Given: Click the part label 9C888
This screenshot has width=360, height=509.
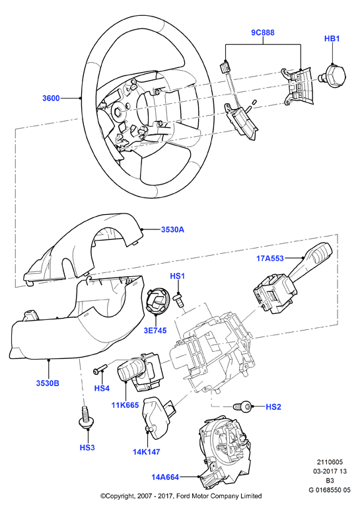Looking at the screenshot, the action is pos(263,32).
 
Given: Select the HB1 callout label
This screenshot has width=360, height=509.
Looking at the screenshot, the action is pos(332,38).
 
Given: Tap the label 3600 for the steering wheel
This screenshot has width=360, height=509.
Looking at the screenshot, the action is pos(52,98).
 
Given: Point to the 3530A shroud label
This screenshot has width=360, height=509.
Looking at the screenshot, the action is pos(172,229).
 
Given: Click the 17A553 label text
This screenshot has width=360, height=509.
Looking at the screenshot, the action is pos(270,258).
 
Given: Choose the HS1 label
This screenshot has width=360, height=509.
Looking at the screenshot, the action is pos(178,276).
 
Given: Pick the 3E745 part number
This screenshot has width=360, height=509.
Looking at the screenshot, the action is pos(155,331).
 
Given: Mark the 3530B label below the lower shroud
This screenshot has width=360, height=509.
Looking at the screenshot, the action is pos(48,383).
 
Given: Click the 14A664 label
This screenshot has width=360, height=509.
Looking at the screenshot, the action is pos(165,477).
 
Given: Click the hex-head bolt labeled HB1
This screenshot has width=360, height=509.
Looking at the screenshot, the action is pos(334,74).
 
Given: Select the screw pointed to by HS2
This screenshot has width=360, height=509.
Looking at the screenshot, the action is pos(242,406).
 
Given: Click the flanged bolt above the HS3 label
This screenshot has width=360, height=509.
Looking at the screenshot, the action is pos(87,417).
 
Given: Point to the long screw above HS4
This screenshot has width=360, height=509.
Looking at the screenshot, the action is pos(100,369).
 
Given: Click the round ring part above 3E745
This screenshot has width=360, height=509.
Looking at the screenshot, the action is pos(157,301).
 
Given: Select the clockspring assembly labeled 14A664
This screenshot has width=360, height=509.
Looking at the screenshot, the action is pos(223,451).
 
